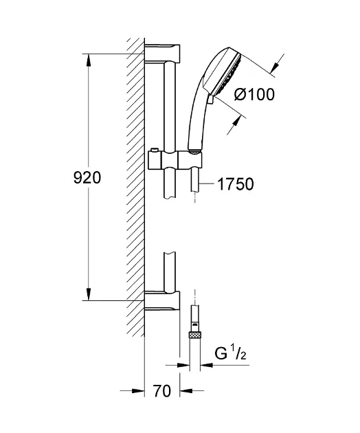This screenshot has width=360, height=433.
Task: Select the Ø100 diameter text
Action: [254, 95]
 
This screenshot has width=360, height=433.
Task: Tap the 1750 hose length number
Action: [235, 184]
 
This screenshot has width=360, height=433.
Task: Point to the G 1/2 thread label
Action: [230, 357]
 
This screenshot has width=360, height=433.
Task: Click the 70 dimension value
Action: [161, 392]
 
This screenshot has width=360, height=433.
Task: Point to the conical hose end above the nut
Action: [194, 316]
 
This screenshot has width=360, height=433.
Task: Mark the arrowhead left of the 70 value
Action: [139, 392]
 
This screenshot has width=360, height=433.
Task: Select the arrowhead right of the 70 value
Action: [185, 392]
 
